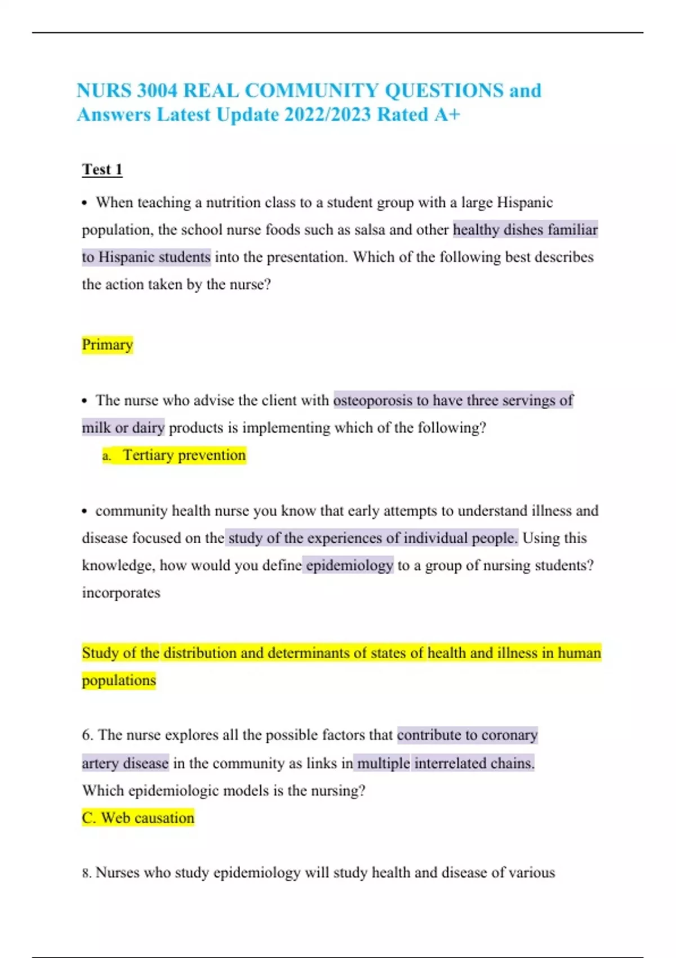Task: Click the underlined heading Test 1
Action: [x=102, y=169]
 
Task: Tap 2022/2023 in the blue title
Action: [x=328, y=114]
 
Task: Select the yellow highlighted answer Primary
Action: [x=107, y=344]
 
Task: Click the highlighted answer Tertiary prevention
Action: [x=184, y=455]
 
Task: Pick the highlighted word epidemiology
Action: [x=349, y=565]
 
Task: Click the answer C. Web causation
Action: [x=138, y=818]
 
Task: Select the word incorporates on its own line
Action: [x=121, y=593]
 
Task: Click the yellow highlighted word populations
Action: [x=119, y=680]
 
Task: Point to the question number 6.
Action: [x=87, y=735]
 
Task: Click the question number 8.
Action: [x=86, y=873]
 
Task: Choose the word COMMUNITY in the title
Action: [x=312, y=90]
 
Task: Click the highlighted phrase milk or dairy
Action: [x=123, y=428]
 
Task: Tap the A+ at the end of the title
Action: [x=447, y=114]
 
